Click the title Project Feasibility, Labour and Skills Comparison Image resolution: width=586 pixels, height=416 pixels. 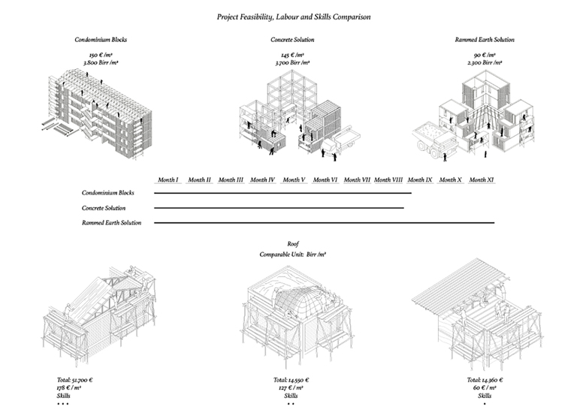coord(293,16)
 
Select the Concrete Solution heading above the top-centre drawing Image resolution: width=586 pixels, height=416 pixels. coord(293,39)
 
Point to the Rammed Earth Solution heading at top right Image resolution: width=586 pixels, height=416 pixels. coord(485,39)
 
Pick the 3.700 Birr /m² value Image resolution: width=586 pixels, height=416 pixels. coord(293,63)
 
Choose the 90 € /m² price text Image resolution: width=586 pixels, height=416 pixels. coord(485,56)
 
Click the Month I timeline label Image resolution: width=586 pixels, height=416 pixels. coord(168,180)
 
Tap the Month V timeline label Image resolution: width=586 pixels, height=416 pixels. coord(294,180)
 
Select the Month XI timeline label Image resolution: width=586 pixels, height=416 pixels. coord(481,180)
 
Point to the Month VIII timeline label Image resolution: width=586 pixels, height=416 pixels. coord(388,180)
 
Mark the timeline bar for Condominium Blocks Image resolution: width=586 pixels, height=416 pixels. coord(282,194)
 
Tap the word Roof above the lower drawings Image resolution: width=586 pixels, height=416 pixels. coord(293,244)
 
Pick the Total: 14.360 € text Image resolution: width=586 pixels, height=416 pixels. coord(485,380)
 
